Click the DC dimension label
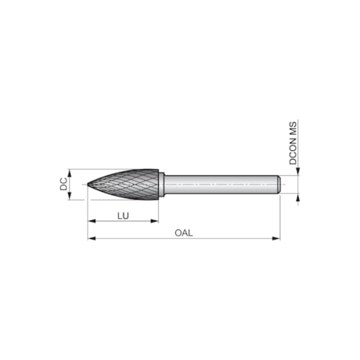click(63, 185)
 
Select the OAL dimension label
click(183, 232)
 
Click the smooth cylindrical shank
click(219, 185)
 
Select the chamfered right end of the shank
click(279, 185)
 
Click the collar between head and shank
click(161, 185)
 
